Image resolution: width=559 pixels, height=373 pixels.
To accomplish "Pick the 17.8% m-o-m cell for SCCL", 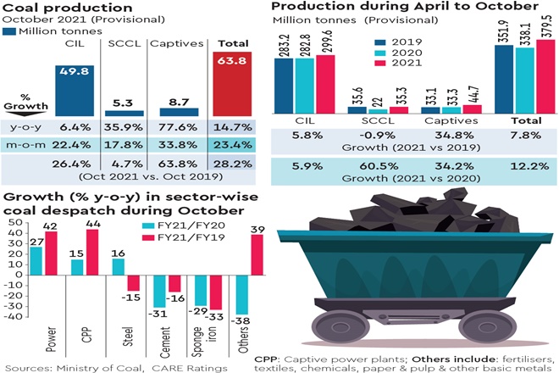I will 123,144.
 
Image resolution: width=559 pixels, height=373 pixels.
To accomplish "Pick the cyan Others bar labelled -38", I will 242,298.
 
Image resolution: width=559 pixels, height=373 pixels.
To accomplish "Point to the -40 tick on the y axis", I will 13,315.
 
